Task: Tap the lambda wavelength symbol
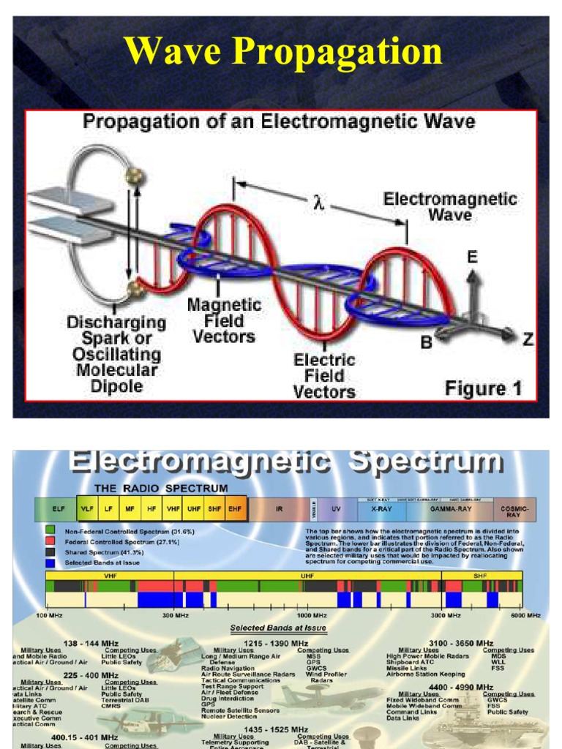(x=318, y=203)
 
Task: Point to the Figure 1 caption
(x=484, y=388)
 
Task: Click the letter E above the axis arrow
(x=473, y=257)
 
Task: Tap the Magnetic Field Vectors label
(x=223, y=320)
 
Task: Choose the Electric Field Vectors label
(x=324, y=376)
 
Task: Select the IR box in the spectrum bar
(x=280, y=508)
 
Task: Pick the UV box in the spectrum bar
(x=336, y=508)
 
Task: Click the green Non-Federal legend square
(x=50, y=531)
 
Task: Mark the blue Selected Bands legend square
(x=50, y=562)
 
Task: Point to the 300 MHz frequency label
(x=175, y=616)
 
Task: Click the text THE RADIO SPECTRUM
(x=160, y=488)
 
